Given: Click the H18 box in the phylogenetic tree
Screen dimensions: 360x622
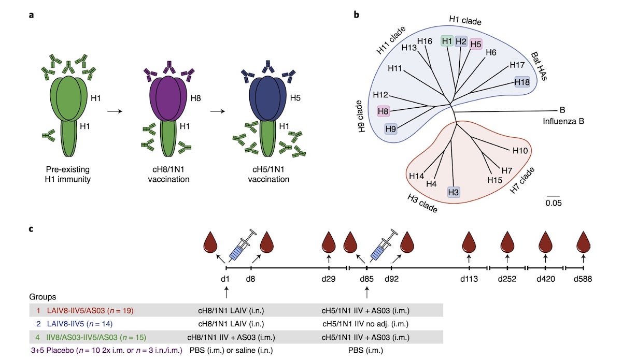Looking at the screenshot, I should [x=522, y=82].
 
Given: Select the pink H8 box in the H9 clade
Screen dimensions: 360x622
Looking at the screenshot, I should [x=383, y=111].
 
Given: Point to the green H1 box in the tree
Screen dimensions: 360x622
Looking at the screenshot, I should [x=447, y=41].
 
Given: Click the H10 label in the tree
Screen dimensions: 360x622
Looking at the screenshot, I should [x=520, y=150].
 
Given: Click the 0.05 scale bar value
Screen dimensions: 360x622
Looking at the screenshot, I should [x=553, y=203].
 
